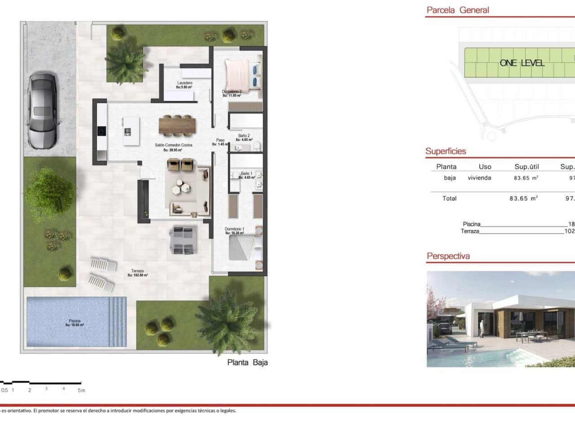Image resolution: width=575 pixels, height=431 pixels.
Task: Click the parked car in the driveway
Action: click(x=42, y=111)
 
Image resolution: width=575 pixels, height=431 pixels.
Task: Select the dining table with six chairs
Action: click(x=177, y=125)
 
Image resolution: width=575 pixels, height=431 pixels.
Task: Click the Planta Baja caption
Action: click(x=248, y=362)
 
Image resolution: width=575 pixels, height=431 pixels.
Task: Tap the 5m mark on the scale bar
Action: click(x=81, y=390)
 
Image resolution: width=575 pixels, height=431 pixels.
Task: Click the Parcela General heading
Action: click(x=458, y=10)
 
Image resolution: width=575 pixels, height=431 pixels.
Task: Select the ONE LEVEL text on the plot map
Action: click(x=522, y=63)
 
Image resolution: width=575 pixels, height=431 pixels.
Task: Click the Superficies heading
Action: click(x=446, y=151)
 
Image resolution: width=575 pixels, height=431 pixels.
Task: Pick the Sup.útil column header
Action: click(x=526, y=167)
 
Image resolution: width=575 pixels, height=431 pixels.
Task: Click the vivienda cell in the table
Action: click(x=479, y=178)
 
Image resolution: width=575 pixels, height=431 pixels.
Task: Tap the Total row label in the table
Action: click(x=449, y=198)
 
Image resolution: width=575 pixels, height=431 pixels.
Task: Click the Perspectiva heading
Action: click(x=448, y=256)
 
